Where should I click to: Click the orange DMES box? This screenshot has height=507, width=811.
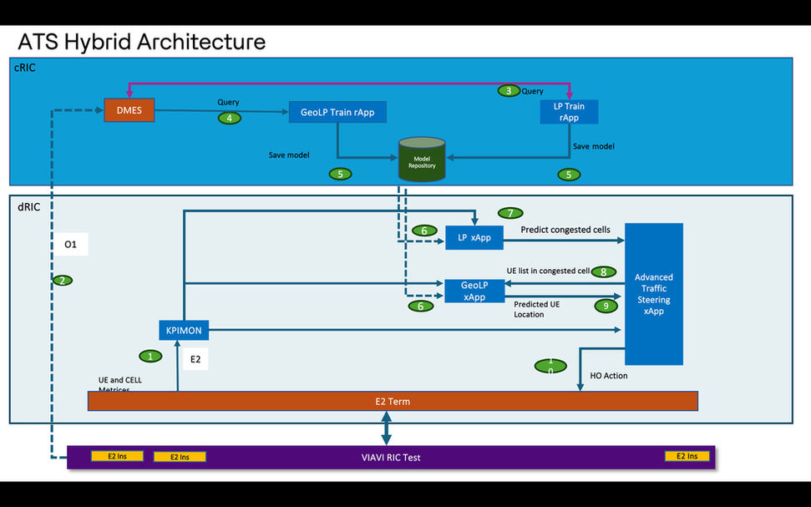point(129,110)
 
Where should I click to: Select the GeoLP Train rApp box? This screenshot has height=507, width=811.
point(337,112)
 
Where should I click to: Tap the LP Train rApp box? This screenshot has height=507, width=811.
point(570,112)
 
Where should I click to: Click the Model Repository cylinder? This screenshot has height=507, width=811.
point(422,160)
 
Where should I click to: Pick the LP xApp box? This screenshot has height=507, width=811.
point(474,238)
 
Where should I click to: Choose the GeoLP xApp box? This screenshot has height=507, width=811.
point(474,291)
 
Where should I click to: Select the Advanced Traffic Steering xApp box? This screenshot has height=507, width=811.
point(654,294)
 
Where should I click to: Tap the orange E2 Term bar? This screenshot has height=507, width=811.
point(393,402)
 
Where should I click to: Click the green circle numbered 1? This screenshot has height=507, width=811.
point(150,357)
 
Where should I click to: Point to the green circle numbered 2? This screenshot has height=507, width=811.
point(61,281)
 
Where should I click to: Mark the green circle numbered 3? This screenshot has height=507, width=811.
point(509,90)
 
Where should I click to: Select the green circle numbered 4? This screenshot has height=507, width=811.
point(229,119)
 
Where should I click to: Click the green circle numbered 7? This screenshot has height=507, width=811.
point(509,213)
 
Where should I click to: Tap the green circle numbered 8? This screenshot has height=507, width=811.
point(603,271)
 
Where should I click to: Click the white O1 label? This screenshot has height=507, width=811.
point(71,245)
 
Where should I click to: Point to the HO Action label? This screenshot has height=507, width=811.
point(608,376)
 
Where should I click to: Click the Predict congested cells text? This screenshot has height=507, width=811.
point(565,230)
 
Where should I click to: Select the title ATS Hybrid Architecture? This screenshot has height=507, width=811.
point(142,41)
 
